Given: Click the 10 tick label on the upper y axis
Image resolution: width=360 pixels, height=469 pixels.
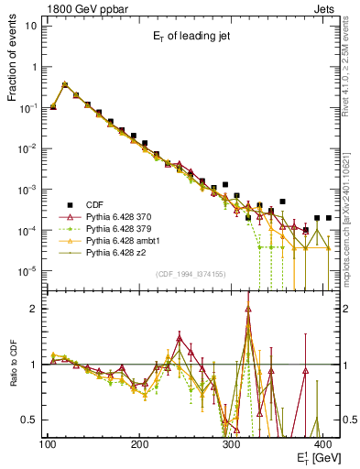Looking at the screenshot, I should pyautogui.click(x=30, y=26).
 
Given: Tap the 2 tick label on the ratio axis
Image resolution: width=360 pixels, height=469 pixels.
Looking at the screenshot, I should pyautogui.click(x=36, y=310).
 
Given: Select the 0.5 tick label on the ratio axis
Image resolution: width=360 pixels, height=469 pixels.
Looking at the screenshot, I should pyautogui.click(x=31, y=420).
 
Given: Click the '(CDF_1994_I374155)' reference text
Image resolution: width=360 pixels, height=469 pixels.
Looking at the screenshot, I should pyautogui.click(x=192, y=275).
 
